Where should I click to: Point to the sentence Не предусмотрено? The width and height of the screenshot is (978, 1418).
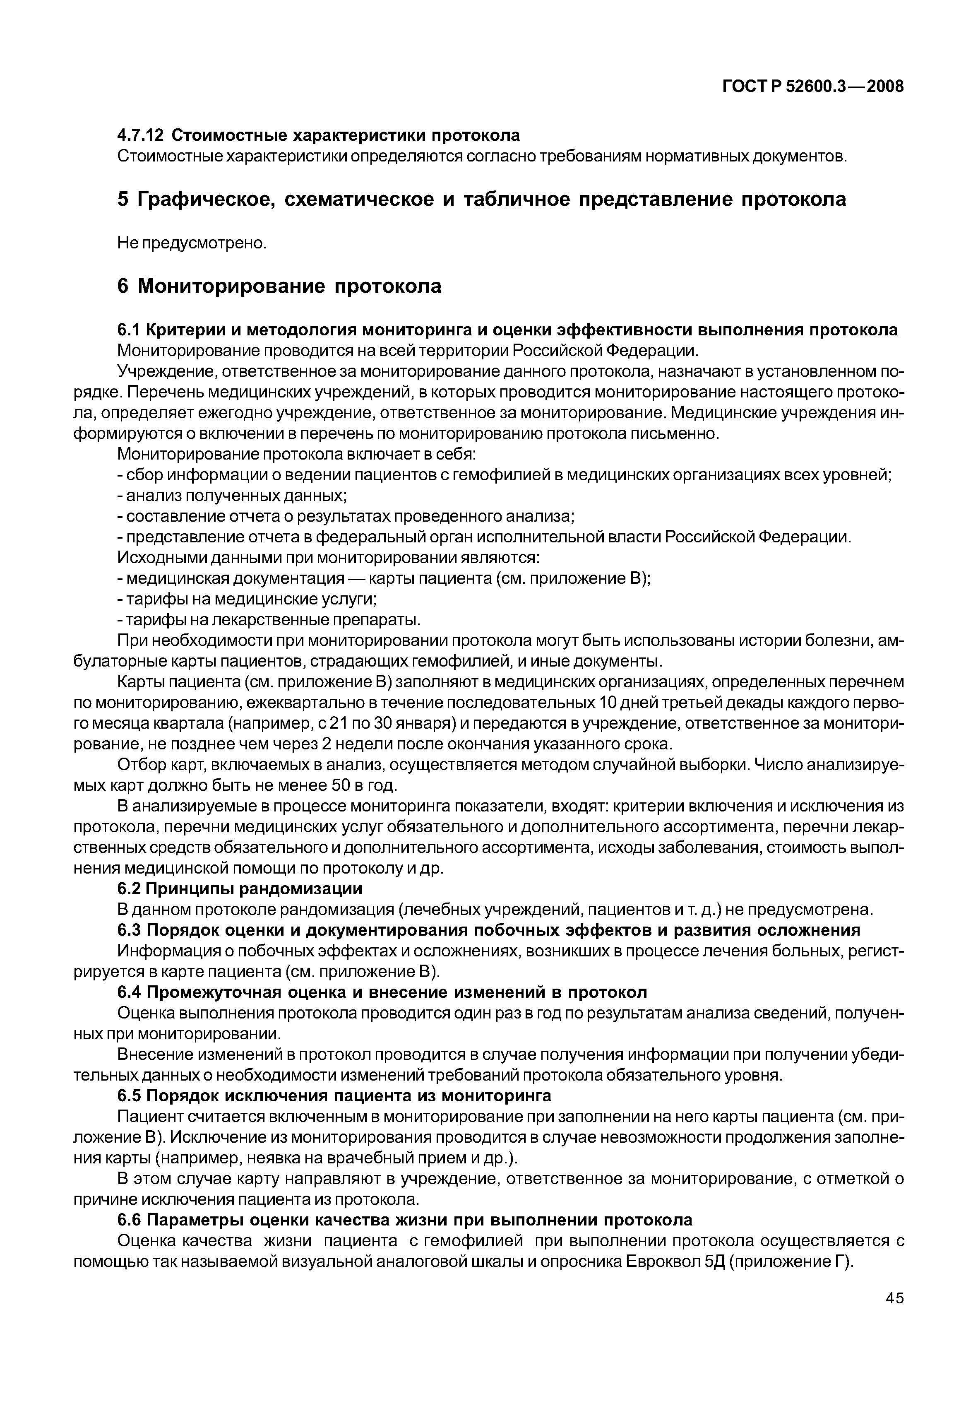[x=192, y=243]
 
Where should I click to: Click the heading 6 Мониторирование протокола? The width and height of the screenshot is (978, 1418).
[x=279, y=286]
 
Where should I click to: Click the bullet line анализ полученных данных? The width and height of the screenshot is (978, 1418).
[x=236, y=495]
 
